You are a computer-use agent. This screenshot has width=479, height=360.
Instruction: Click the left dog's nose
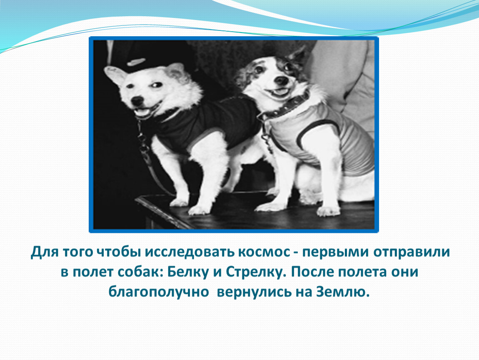137,100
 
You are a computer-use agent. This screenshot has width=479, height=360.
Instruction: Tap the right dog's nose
281,80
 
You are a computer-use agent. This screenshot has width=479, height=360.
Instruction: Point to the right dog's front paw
328,211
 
